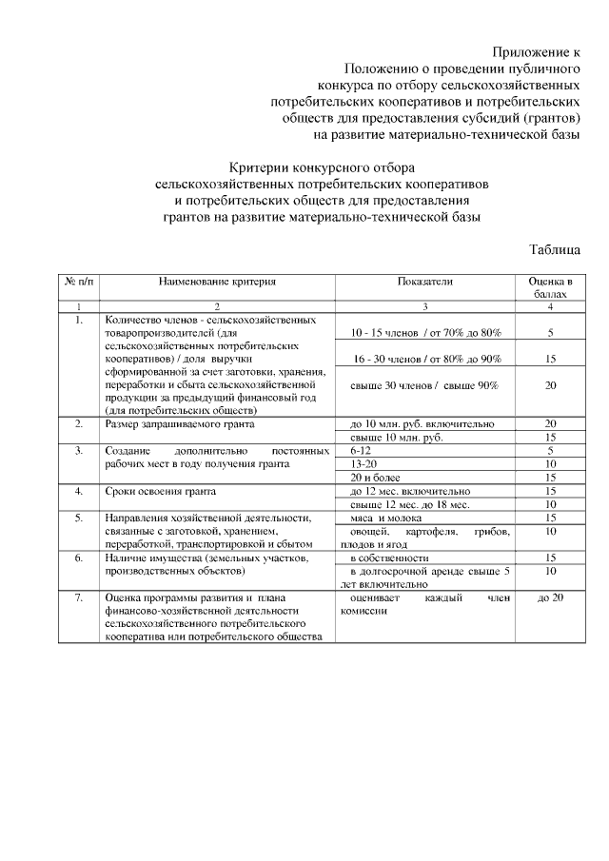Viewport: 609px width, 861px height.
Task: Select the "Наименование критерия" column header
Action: tap(217, 282)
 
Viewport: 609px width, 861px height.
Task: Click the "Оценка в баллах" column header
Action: tap(550, 288)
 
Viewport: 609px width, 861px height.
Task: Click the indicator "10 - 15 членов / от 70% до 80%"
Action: tap(425, 334)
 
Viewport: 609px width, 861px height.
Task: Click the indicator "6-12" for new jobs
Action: tap(361, 449)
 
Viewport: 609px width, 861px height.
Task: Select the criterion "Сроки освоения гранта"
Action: tap(161, 491)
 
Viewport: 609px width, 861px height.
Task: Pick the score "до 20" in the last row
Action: tap(550, 597)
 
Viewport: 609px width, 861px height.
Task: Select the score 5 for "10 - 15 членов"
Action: tap(550, 334)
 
